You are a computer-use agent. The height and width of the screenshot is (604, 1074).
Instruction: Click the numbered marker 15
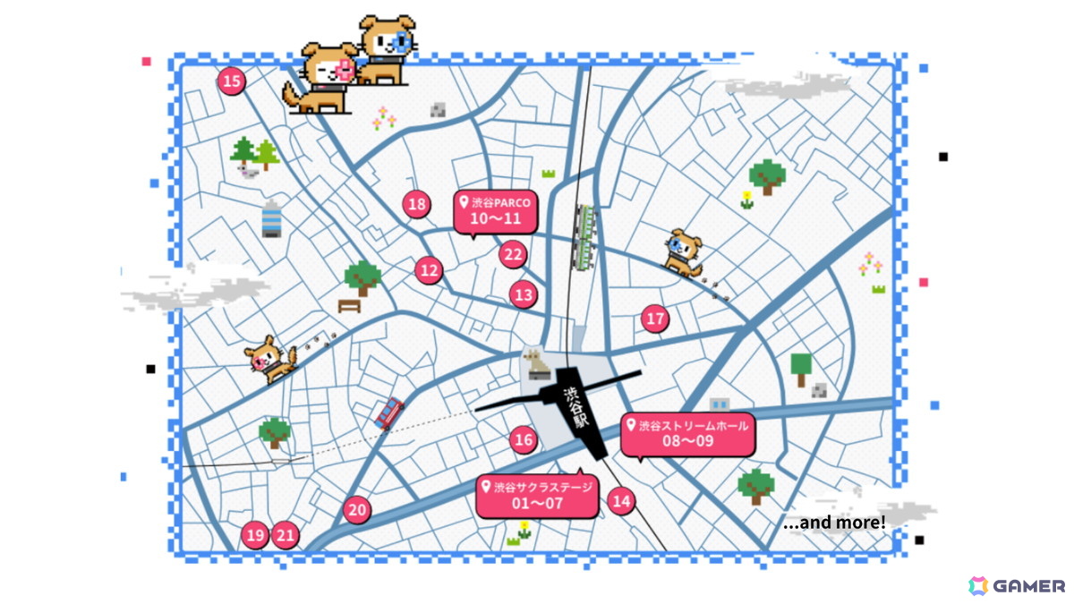tap(232, 82)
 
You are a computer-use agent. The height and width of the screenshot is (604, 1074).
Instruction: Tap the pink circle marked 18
tap(416, 204)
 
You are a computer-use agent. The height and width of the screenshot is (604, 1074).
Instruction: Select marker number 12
tap(430, 269)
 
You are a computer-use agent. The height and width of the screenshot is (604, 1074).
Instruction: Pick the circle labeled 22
tap(513, 255)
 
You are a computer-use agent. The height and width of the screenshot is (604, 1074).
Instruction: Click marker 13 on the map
tap(524, 293)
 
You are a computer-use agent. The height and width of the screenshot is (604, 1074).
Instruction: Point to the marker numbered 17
tap(656, 319)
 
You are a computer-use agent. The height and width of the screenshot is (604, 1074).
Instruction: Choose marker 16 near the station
tap(524, 439)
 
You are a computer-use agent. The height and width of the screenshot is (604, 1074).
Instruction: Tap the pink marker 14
tap(621, 501)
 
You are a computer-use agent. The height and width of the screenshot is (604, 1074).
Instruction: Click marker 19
tap(255, 536)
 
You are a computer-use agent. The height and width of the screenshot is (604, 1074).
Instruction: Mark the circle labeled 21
tap(286, 536)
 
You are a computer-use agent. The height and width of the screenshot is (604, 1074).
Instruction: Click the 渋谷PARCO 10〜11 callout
tap(496, 211)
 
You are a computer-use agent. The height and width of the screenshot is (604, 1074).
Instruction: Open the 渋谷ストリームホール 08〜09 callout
tap(688, 434)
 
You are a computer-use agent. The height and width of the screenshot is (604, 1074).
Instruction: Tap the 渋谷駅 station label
tap(573, 408)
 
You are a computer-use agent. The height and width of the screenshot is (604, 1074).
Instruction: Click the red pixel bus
tap(388, 413)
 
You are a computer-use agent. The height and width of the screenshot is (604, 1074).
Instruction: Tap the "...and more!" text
tap(834, 523)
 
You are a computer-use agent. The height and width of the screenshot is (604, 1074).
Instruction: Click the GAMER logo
tap(1017, 586)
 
